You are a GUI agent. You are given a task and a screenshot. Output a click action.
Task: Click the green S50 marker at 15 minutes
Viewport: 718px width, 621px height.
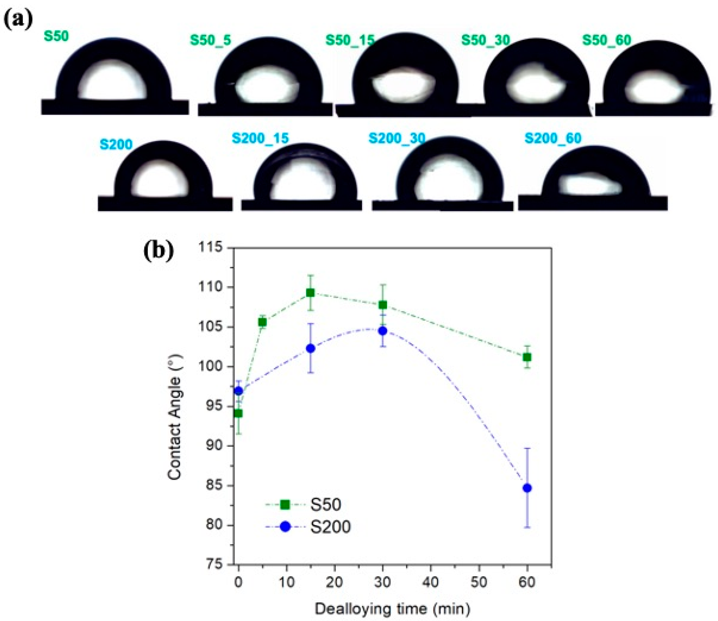click(x=310, y=293)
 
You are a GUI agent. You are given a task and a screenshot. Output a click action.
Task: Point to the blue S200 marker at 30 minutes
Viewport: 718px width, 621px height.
click(x=383, y=331)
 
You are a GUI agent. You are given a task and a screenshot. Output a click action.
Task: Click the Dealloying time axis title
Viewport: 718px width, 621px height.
click(x=392, y=609)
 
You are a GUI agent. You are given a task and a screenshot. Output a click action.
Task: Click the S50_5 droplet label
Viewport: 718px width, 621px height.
click(x=210, y=40)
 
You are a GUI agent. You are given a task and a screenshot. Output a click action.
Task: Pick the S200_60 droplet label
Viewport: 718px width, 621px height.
click(x=553, y=138)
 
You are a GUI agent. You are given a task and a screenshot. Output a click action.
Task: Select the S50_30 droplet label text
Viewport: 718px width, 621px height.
click(x=485, y=40)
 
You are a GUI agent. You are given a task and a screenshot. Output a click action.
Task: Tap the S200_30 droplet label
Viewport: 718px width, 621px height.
click(x=397, y=138)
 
